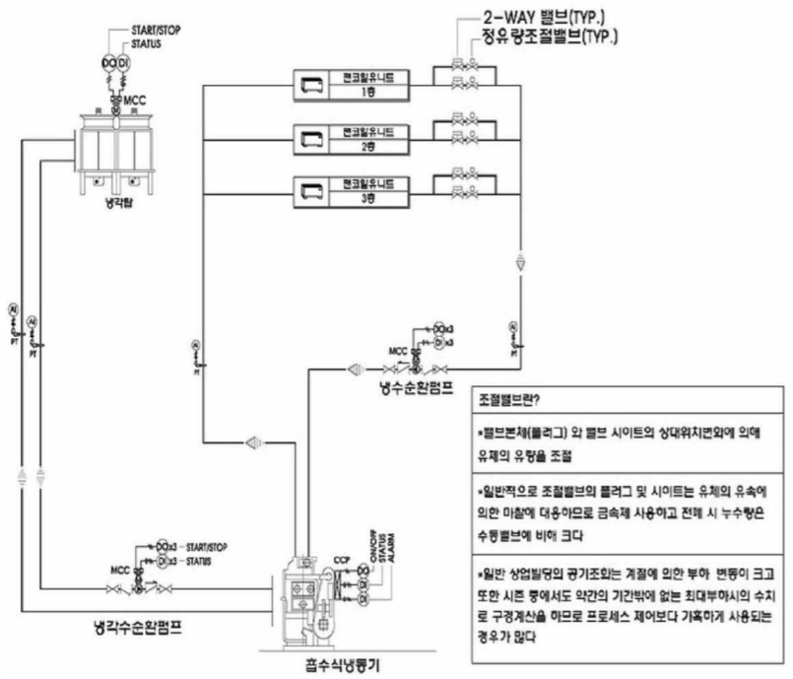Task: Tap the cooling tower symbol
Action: tap(115, 149)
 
